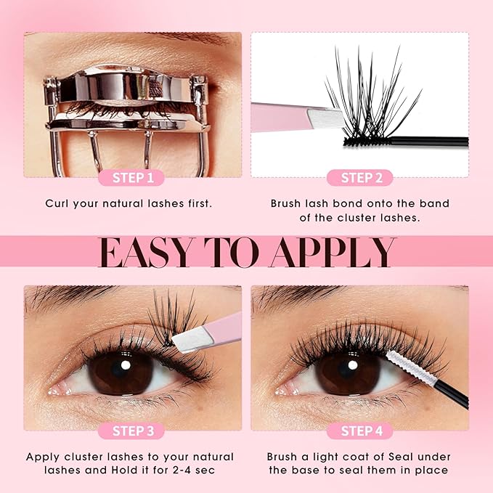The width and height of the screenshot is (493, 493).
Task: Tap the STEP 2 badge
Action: tap(361, 177)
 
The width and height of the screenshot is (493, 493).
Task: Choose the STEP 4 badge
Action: tap(361, 431)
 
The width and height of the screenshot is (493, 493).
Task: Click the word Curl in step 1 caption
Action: tap(58, 203)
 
